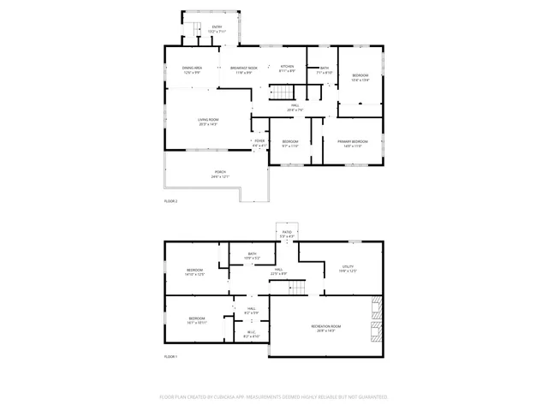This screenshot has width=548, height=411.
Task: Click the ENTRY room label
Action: pyautogui.click(x=217, y=28)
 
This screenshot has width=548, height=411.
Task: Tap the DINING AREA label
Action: pyautogui.click(x=192, y=68)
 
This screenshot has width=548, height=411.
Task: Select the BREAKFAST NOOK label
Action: pyautogui.click(x=244, y=68)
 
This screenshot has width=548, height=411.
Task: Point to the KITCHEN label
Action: pyautogui.click(x=288, y=68)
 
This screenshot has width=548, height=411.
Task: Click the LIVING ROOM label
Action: pyautogui.click(x=208, y=121)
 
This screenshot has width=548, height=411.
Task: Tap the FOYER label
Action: pyautogui.click(x=259, y=142)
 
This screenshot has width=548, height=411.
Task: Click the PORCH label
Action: pyautogui.click(x=220, y=174)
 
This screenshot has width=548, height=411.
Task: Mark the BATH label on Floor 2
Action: pyautogui.click(x=325, y=68)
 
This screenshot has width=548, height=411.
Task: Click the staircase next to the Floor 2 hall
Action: pyautogui.click(x=283, y=92)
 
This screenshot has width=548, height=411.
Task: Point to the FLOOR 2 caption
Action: pyautogui.click(x=170, y=201)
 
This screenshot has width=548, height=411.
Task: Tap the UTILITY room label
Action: pyautogui.click(x=348, y=268)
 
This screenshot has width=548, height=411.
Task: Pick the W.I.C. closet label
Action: pyautogui.click(x=251, y=334)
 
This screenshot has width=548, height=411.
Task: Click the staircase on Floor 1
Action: pyautogui.click(x=296, y=286)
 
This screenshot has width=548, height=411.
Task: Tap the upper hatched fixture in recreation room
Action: pyautogui.click(x=375, y=307)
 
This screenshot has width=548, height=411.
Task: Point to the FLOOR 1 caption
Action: pyautogui.click(x=170, y=355)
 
